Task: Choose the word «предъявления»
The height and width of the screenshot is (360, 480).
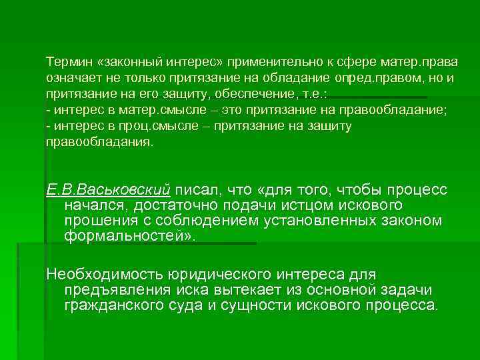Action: click(114, 290)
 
